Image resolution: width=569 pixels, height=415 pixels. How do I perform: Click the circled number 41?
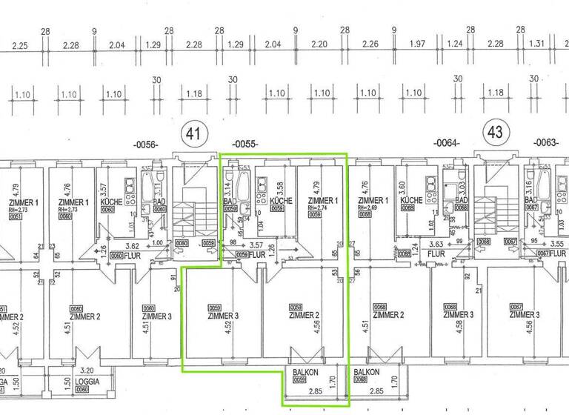pyautogui.click(x=194, y=135)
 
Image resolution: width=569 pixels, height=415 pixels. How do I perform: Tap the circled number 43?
pyautogui.click(x=495, y=134)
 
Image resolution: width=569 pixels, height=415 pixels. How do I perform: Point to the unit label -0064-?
pyautogui.click(x=447, y=142)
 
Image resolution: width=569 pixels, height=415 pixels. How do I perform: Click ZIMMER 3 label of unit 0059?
pyautogui.click(x=221, y=316)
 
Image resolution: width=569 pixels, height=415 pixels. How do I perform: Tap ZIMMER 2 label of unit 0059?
pyautogui.click(x=303, y=316)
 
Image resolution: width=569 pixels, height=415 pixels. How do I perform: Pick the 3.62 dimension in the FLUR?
pyautogui.click(x=133, y=245)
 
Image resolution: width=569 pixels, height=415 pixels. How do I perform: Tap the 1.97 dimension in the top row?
pyautogui.click(x=416, y=45)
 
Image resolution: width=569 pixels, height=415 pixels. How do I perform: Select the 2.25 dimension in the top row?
pyautogui.click(x=20, y=45)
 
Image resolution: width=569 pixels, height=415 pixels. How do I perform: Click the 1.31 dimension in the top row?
pyautogui.click(x=539, y=45)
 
